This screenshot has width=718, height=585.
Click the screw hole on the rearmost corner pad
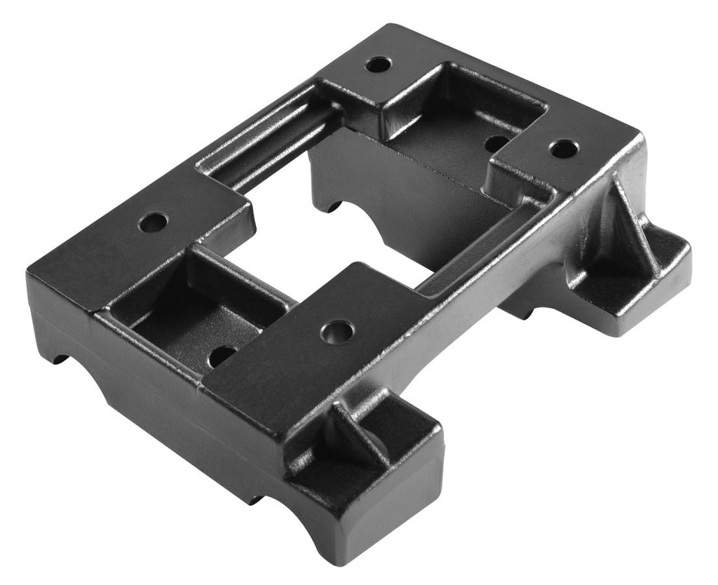tap(378, 65)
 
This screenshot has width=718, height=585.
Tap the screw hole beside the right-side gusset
tap(562, 149)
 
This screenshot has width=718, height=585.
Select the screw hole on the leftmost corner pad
tap(153, 224)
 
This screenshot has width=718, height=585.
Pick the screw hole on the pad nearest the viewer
tap(337, 331)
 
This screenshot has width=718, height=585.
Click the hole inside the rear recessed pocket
tap(496, 144)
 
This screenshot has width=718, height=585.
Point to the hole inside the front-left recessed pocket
tap(222, 355)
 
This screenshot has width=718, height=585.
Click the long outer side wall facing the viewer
tap(175, 421)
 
